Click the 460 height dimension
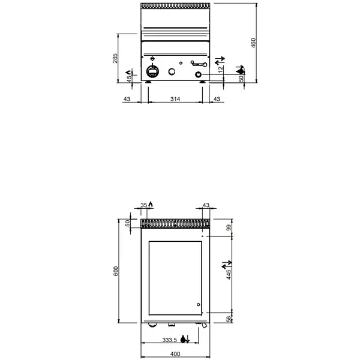tap(253, 43)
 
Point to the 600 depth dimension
tap(116, 271)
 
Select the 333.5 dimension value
tap(170, 340)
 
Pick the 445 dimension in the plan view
tap(229, 275)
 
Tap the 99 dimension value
tap(229, 228)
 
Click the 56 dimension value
tap(229, 320)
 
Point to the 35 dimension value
tap(144, 206)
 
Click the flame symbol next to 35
tap(151, 205)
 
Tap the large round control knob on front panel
tap(152, 72)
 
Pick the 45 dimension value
tap(128, 80)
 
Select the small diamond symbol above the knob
tap(152, 59)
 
